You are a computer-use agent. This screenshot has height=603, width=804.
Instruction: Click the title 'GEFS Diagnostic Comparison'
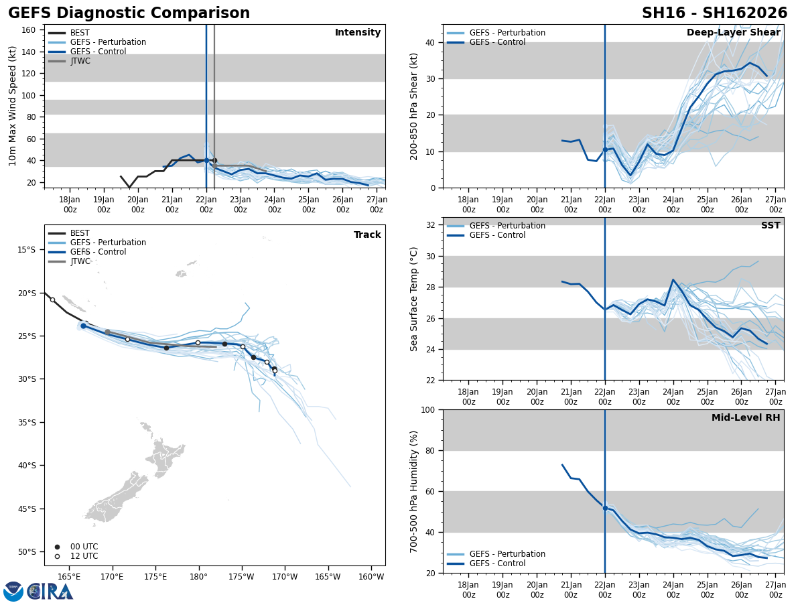[129, 13]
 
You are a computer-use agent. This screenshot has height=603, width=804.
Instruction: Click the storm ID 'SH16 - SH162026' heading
[714, 13]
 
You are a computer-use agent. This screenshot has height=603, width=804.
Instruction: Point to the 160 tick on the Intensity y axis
[29, 29]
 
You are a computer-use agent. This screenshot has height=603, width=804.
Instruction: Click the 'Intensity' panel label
[358, 33]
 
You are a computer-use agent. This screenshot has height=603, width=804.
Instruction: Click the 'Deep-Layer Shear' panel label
[733, 33]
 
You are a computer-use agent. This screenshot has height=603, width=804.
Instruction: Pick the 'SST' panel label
[770, 226]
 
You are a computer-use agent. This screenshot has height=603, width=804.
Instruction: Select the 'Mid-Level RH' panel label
[746, 418]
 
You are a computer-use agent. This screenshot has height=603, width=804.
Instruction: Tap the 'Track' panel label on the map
[367, 235]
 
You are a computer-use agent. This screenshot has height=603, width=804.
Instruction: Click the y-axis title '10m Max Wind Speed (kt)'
[13, 106]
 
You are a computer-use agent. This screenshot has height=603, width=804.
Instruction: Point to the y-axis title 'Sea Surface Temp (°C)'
[414, 299]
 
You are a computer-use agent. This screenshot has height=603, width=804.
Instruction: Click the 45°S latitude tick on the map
[27, 509]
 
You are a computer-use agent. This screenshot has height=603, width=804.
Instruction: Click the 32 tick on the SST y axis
[431, 225]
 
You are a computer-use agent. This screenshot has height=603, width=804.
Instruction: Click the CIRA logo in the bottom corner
[39, 591]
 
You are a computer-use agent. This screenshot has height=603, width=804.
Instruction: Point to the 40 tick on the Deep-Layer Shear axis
[431, 42]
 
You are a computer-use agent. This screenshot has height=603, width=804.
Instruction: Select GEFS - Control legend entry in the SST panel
[498, 235]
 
